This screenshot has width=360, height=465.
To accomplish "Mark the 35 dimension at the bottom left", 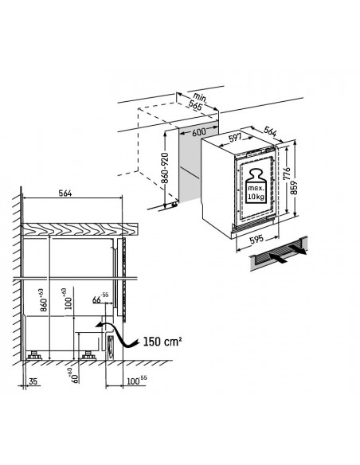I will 32,381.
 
